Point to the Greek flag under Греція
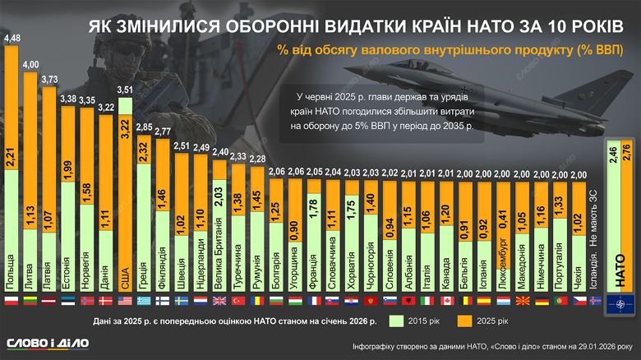click(144, 301)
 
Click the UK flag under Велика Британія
click(219, 301)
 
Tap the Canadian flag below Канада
click(445, 301)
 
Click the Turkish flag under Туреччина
click(238, 301)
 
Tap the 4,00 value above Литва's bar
click(30, 64)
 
